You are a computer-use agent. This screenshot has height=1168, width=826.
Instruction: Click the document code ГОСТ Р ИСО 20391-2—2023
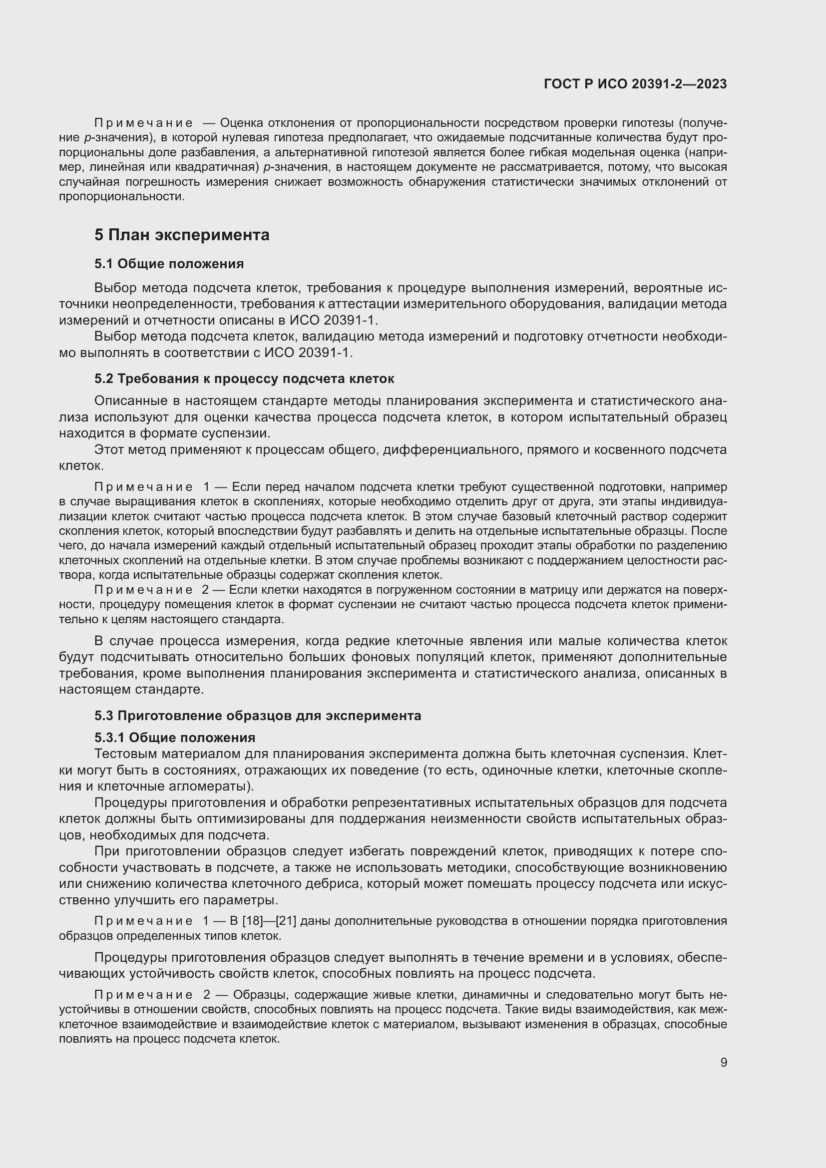point(635,84)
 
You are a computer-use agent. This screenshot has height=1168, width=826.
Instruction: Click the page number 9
point(723,1063)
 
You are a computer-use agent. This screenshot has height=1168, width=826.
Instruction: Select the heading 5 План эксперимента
point(182,235)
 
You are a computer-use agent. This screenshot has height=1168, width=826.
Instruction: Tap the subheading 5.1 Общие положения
point(169,264)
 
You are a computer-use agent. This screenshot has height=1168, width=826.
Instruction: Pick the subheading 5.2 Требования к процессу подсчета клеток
point(244,379)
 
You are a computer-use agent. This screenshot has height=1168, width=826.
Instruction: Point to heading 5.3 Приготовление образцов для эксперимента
point(257,716)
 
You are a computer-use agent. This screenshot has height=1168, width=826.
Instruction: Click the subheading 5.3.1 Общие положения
point(174,738)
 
